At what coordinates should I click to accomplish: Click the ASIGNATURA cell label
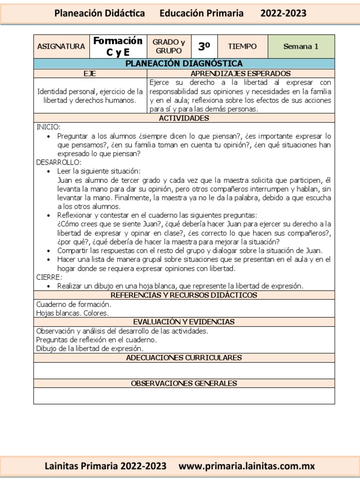[x=61, y=46]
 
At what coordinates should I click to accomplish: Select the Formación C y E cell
[x=118, y=46]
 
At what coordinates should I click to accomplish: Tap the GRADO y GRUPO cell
[x=168, y=46]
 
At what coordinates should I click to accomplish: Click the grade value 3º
[x=204, y=46]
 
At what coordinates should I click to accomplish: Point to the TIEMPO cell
[x=242, y=46]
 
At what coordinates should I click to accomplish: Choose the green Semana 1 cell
[x=301, y=46]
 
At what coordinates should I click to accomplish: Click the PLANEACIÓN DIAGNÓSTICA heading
[x=184, y=63]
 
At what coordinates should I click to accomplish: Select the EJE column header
[x=90, y=73]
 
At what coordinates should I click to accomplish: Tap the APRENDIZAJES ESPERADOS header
[x=240, y=73]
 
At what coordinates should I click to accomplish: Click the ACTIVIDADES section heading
[x=184, y=118]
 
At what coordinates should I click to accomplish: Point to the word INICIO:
[x=49, y=127]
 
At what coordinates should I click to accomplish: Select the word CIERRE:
[x=49, y=277]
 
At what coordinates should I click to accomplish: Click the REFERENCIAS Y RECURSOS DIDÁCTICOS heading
[x=184, y=295]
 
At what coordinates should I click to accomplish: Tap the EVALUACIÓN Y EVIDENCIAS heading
[x=184, y=322]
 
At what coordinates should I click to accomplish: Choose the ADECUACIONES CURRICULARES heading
[x=184, y=358]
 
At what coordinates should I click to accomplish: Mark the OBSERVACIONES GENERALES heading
[x=184, y=383]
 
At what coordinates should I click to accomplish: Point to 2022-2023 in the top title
[x=283, y=13]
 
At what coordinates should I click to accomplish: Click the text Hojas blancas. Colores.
[x=72, y=313]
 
